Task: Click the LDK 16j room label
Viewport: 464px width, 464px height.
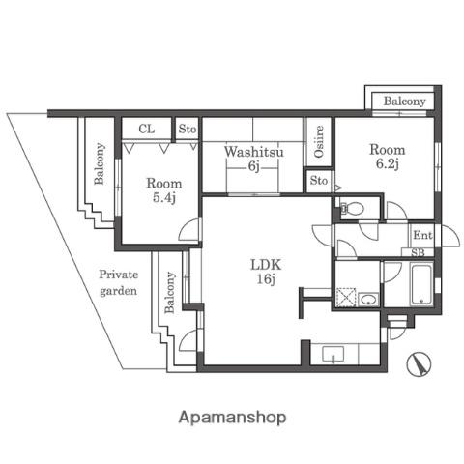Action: click(266, 272)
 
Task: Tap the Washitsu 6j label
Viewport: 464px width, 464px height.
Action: click(254, 159)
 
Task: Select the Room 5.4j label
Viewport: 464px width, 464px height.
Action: click(164, 190)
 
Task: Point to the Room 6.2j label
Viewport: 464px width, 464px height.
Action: click(387, 157)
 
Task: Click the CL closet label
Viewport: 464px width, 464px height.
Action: click(147, 129)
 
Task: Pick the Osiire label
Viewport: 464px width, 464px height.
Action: click(319, 141)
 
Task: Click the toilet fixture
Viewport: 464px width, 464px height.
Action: click(353, 208)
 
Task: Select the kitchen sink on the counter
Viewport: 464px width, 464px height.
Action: click(333, 354)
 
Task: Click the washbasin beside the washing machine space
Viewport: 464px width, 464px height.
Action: click(369, 300)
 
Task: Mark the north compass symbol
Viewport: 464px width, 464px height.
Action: click(419, 363)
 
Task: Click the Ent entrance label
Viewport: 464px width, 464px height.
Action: click(422, 235)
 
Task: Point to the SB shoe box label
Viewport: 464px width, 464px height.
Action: click(418, 253)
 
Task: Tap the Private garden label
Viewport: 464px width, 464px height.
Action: click(119, 282)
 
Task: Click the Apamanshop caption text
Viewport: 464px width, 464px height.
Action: click(232, 418)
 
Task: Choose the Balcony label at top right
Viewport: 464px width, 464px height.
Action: click(404, 101)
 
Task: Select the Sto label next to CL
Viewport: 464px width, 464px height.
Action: click(188, 129)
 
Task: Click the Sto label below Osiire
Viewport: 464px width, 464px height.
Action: click(319, 181)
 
